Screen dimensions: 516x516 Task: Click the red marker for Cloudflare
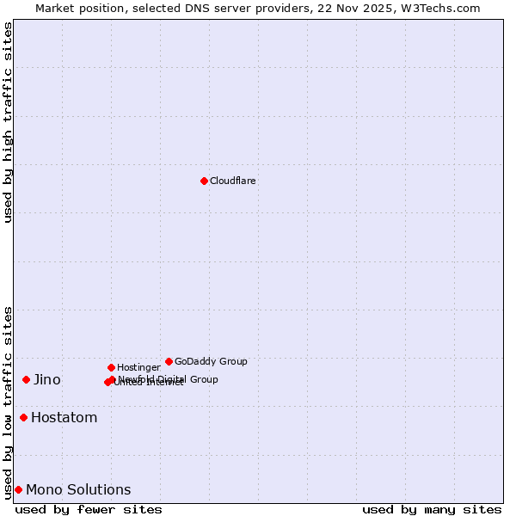[x=204, y=181]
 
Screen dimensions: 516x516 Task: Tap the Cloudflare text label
[x=232, y=181]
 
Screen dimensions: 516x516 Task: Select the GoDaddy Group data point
[x=169, y=361]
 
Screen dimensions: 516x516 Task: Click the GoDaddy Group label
[x=211, y=362]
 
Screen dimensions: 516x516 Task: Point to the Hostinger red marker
[x=111, y=367]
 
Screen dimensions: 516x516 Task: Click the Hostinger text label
[x=138, y=368]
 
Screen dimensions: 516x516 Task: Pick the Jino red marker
[x=26, y=379]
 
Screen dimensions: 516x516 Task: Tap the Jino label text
[x=47, y=380]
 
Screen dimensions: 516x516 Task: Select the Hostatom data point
[x=23, y=417]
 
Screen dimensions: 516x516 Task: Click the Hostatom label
[x=64, y=418]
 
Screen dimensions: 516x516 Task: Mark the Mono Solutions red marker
[x=18, y=489]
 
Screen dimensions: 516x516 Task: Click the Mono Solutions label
[x=78, y=490]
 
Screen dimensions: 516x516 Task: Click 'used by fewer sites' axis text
[x=89, y=509]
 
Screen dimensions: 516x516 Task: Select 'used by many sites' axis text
[x=432, y=509]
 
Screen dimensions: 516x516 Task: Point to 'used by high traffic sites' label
[x=9, y=122]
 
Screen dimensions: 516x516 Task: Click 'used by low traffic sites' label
[x=9, y=402]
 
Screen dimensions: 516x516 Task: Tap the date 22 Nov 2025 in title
[x=363, y=8]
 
